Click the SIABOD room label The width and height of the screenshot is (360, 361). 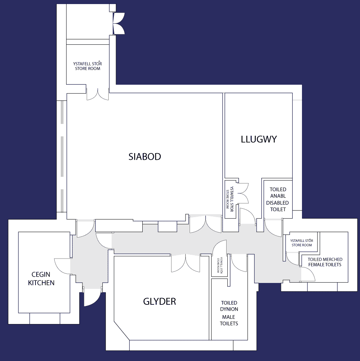tap(145, 156)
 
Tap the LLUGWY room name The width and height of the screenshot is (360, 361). tap(259, 139)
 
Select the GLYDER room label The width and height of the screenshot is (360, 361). tap(159, 301)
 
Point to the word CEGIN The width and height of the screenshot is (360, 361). tap(41, 274)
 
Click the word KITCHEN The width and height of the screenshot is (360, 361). tap(41, 283)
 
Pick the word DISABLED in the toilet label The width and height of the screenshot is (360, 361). tap(278, 203)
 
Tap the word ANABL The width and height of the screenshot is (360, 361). tap(278, 196)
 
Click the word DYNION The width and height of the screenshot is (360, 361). tap(229, 309)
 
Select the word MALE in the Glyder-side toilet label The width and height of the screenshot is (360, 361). tap(228, 317)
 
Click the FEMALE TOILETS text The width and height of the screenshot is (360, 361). tap(325, 265)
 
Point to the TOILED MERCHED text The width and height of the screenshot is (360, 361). tap(325, 260)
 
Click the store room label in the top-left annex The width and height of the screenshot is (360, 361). tap(88, 66)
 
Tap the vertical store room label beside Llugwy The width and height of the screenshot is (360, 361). tap(230, 199)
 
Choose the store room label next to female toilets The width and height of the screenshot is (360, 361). tap(302, 243)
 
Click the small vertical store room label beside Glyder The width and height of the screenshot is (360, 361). tap(220, 265)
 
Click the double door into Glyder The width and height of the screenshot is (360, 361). tap(186, 263)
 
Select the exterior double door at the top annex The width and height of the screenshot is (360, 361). tap(119, 23)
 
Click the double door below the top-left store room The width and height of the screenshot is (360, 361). tap(98, 94)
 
